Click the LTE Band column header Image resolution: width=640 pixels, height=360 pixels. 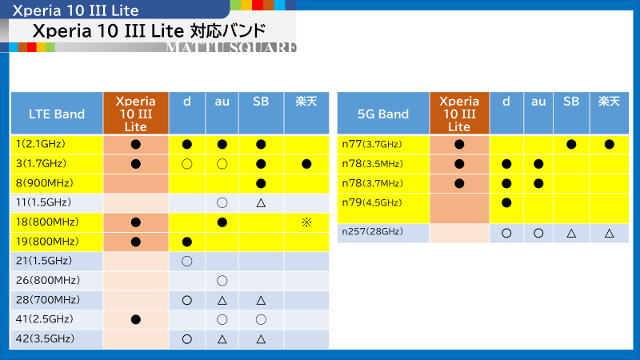[x=57, y=114]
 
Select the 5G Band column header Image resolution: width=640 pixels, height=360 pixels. [x=383, y=114]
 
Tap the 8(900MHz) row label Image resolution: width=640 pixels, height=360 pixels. [x=45, y=183]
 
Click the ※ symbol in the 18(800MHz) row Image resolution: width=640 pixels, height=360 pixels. [x=306, y=222]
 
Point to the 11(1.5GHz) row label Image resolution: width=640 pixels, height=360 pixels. [x=43, y=202]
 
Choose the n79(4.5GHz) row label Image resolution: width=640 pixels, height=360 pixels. [x=372, y=202]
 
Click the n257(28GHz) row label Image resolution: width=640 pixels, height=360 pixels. [x=372, y=231]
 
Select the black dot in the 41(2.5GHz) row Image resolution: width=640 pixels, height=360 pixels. [x=136, y=319]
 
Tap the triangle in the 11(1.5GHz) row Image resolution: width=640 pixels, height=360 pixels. [x=261, y=202]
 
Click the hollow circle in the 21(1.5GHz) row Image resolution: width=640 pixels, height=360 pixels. [x=187, y=261]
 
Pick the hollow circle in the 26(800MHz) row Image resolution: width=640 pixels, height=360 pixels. [x=222, y=281]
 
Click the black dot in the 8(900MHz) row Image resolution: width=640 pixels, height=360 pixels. [x=261, y=183]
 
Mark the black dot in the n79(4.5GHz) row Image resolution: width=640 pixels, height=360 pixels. [x=506, y=202]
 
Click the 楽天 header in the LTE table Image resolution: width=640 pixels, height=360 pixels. [x=306, y=102]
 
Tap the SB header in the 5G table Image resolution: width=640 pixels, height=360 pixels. [x=571, y=102]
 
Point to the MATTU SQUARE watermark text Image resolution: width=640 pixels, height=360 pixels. [x=231, y=47]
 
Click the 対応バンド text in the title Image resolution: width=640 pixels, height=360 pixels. [x=228, y=30]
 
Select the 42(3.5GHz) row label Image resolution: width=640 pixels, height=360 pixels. [x=45, y=338]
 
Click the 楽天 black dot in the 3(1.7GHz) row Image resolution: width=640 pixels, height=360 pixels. [x=306, y=164]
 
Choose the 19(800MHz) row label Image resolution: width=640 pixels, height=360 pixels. [x=47, y=242]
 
